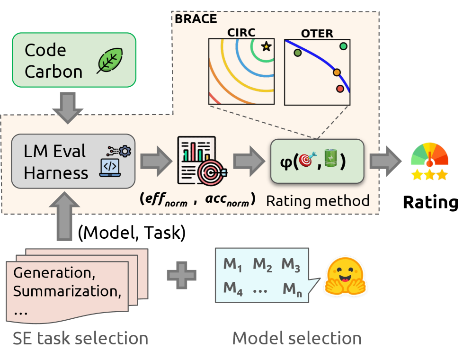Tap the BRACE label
[196, 19]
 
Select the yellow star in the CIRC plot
[266, 46]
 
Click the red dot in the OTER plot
[339, 89]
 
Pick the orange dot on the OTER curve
[337, 72]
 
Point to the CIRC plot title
[241, 33]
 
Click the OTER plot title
[317, 34]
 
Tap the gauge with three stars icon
[429, 161]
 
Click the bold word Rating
[430, 202]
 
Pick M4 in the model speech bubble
[233, 287]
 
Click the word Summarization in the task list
[66, 290]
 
